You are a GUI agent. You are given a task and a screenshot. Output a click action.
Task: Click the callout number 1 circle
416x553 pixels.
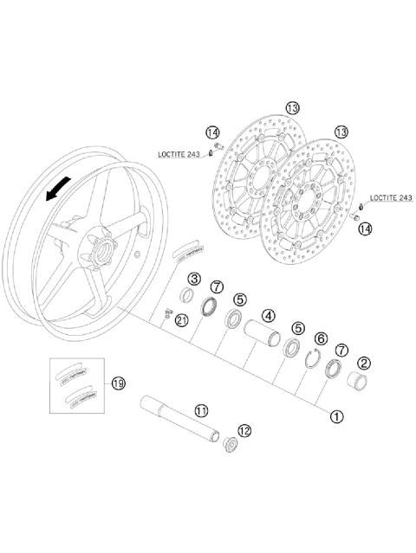pos(336,415)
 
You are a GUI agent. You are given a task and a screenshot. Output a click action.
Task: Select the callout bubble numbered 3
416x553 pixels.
pos(194,279)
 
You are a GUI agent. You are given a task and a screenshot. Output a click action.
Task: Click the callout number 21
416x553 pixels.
pos(181,320)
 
